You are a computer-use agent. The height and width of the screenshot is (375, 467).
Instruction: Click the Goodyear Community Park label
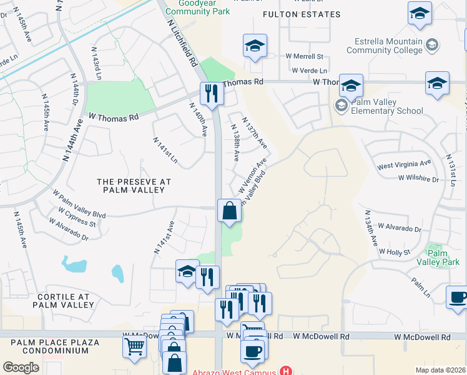pos(199,7)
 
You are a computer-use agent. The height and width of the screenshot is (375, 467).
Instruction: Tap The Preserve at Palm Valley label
pos(134,186)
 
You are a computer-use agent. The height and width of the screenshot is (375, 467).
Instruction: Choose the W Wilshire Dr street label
pos(418,178)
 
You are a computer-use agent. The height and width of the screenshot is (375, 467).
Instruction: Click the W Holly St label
pos(395,251)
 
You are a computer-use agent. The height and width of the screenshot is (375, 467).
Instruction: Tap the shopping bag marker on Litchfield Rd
pos(229,210)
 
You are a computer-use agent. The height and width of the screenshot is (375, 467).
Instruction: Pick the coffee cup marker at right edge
pos(457,297)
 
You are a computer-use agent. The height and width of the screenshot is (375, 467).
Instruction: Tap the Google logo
pos(21,367)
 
